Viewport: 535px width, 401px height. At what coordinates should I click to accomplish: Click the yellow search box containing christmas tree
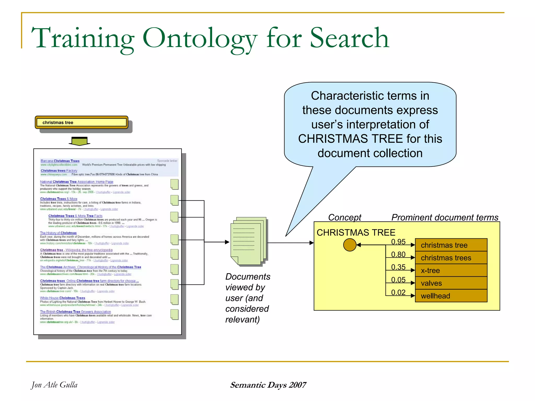[82, 122]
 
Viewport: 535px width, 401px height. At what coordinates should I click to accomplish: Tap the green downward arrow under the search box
[79, 141]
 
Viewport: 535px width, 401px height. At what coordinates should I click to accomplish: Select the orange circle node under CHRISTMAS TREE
[350, 245]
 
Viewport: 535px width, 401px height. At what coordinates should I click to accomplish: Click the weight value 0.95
[398, 242]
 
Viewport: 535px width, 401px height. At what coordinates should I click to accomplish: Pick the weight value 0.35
[398, 267]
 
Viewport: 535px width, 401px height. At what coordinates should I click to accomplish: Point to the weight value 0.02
[398, 293]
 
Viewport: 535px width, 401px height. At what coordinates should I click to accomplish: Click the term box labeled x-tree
[451, 270]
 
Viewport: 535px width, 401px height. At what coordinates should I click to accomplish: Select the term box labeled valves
[451, 283]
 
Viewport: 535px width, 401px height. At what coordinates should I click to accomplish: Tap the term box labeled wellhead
[451, 296]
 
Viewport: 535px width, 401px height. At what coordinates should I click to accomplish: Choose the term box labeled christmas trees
[451, 258]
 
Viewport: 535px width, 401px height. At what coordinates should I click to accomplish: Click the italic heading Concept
[345, 217]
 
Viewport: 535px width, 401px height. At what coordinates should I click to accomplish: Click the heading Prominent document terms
[445, 217]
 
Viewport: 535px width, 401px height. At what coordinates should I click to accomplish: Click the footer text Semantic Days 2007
[268, 385]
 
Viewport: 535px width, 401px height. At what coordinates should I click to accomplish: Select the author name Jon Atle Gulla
[54, 385]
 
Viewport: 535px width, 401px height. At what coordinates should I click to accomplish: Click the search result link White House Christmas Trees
[62, 298]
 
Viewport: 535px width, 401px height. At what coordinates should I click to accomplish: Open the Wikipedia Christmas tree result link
[76, 250]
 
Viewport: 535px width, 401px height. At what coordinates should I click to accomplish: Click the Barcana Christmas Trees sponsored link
[60, 161]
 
